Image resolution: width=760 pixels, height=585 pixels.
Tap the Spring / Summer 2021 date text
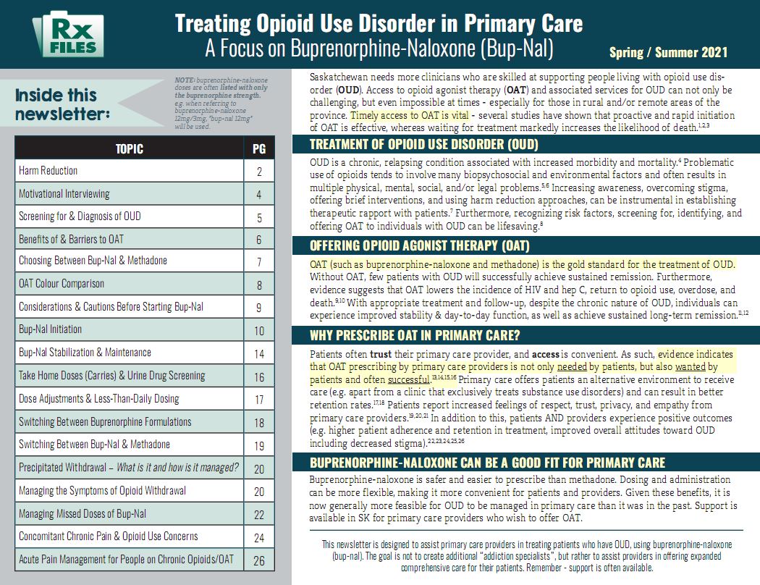click(668, 52)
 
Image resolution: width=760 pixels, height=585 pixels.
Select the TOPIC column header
click(130, 149)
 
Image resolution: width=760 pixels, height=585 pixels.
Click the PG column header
click(259, 149)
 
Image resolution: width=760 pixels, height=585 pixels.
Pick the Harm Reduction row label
click(48, 171)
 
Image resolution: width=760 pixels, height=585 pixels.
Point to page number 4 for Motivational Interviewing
click(259, 195)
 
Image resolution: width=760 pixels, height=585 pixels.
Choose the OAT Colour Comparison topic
click(62, 284)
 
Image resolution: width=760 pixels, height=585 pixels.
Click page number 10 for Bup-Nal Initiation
click(259, 331)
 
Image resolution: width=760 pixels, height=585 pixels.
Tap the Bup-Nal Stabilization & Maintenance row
click(85, 353)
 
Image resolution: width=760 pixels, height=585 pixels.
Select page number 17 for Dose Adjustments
click(259, 399)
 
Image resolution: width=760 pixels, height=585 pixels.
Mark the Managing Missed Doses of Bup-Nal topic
click(83, 514)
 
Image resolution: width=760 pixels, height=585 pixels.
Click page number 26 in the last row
click(259, 560)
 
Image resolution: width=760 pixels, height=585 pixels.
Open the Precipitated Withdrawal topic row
click(129, 468)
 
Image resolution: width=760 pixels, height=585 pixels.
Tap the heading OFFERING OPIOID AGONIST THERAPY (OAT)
click(419, 245)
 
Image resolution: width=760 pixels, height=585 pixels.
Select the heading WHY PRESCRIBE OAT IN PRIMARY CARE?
click(415, 335)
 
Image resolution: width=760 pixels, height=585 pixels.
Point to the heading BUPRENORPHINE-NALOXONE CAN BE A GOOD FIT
click(487, 462)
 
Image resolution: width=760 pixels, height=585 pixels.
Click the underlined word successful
click(408, 379)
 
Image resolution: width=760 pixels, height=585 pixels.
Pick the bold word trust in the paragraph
click(381, 355)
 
